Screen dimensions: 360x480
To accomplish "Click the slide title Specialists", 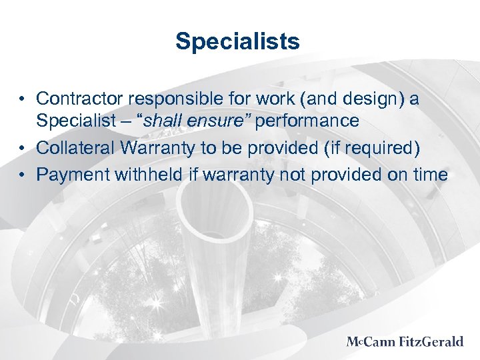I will click(237, 42).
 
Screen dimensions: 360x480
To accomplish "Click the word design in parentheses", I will click(366, 99).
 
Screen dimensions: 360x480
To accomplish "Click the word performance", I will click(312, 121).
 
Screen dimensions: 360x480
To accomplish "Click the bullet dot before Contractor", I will click(23, 99).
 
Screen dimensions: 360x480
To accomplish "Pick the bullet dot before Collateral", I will click(23, 149).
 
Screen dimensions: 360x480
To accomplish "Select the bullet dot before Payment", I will click(23, 175).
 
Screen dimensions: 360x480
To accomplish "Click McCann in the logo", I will click(371, 342).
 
